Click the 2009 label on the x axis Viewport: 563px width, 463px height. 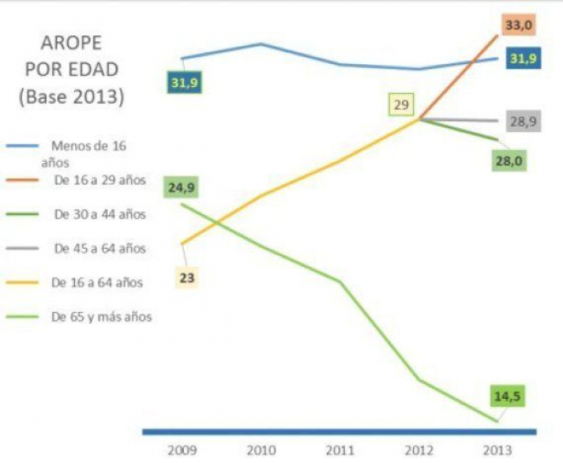(x=183, y=451)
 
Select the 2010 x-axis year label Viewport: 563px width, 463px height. (x=261, y=451)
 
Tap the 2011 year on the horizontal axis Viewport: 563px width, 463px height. (x=340, y=451)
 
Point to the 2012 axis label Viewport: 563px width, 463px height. (x=420, y=451)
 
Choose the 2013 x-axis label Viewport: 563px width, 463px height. (x=497, y=451)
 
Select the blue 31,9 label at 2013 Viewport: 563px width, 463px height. (x=522, y=59)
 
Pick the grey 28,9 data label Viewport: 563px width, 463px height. (x=522, y=121)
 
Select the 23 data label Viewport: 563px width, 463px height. (x=187, y=276)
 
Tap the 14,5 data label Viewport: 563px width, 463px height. (x=507, y=396)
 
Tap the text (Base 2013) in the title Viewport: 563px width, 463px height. (x=72, y=98)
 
